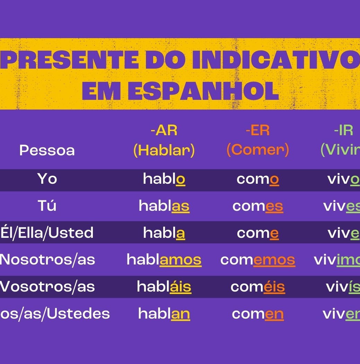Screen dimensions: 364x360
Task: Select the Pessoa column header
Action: point(47,150)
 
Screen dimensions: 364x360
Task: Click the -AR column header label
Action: point(164,131)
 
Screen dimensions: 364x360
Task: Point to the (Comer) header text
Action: point(257,150)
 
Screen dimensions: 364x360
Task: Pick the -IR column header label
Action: point(343,131)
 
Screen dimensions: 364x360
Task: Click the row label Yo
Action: point(47,179)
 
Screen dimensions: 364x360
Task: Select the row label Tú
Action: point(47,206)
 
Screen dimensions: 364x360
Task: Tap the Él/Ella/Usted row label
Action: point(47,233)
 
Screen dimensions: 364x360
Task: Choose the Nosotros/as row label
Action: point(47,260)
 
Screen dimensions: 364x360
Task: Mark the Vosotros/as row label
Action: point(47,287)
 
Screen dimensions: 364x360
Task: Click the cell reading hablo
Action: point(164,179)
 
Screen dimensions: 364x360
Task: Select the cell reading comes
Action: point(257,206)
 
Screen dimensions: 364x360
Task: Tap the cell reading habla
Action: point(164,233)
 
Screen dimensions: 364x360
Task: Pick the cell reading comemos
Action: point(257,260)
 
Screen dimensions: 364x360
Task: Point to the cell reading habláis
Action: point(164,287)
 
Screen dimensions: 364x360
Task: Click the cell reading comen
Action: point(257,314)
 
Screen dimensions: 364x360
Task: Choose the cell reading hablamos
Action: point(164,260)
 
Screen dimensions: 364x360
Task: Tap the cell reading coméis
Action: point(257,287)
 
